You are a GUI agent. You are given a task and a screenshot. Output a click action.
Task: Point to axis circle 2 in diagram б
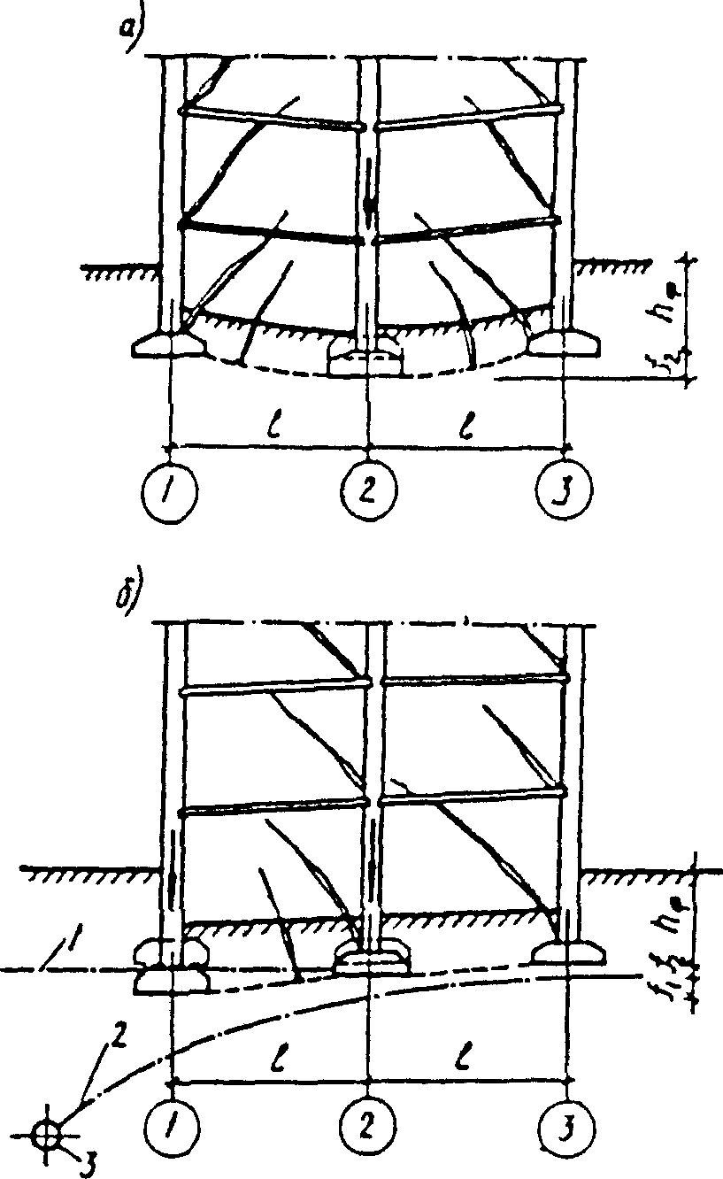(367, 1130)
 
